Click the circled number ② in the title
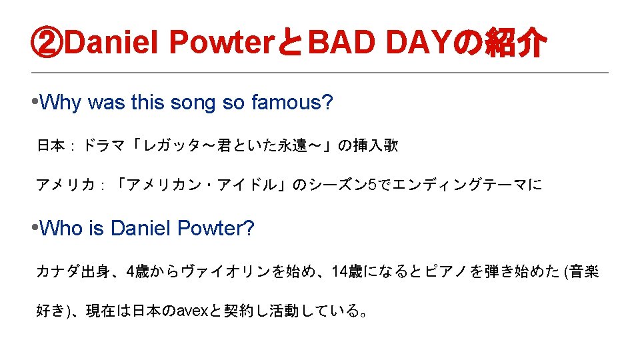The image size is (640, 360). pos(47,43)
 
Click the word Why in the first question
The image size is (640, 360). pos(61,103)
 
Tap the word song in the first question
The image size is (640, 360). pos(193,103)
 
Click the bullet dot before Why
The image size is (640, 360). pos(35,101)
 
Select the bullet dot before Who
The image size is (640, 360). pos(35,227)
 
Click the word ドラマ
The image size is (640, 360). pos(104,145)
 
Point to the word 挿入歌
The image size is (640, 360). pos(375,145)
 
